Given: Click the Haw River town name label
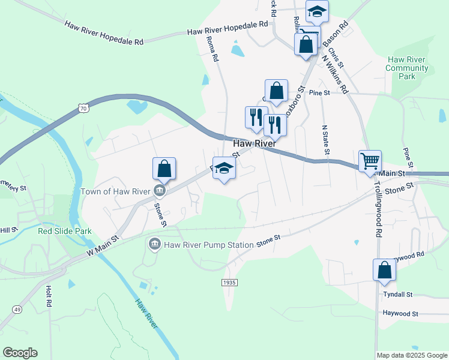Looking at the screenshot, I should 254,144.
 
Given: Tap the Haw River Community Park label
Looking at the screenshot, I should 408,68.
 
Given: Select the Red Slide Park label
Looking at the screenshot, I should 64,231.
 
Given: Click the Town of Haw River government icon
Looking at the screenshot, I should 160,191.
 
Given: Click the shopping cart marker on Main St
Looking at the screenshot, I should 370,161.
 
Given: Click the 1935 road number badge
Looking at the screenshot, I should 229,282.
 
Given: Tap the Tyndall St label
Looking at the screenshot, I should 398,295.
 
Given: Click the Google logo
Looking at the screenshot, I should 20,353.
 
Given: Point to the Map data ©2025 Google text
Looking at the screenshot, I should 412,355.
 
